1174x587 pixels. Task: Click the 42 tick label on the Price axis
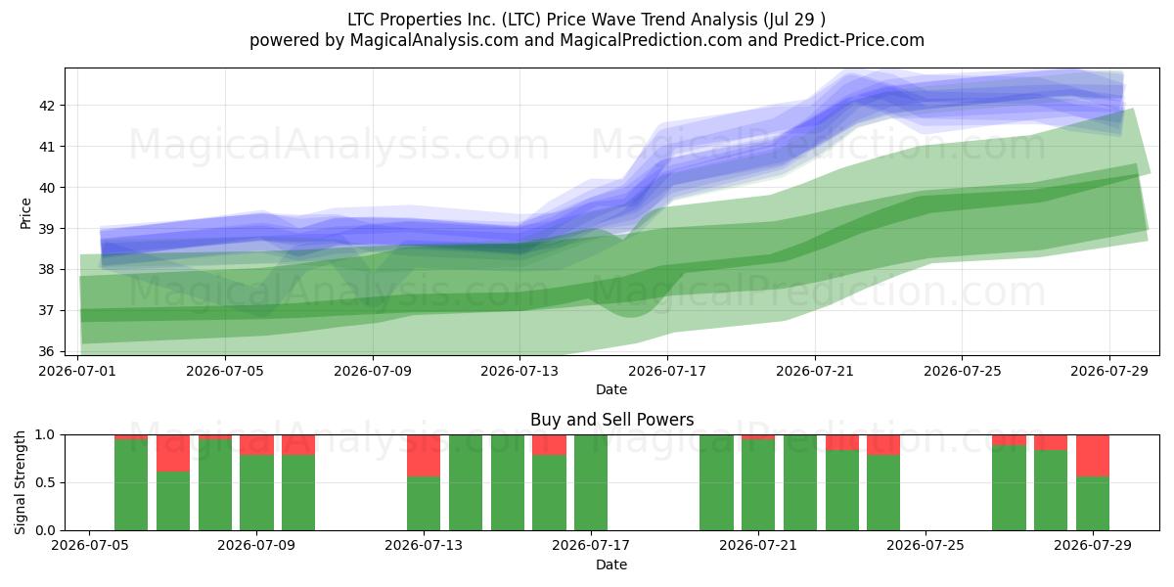(x=46, y=106)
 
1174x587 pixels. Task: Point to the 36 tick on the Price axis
(x=46, y=351)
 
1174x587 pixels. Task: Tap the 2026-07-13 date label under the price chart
(x=519, y=371)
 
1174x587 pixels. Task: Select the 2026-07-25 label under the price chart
(x=963, y=371)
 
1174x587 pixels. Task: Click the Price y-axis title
(x=25, y=213)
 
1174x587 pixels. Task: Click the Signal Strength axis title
(x=20, y=482)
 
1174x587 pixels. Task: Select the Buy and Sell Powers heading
(x=611, y=420)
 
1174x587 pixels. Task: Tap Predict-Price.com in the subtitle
(x=854, y=40)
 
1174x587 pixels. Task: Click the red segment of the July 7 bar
(x=173, y=453)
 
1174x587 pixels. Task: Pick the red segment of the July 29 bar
(x=1093, y=456)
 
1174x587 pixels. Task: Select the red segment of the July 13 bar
(x=424, y=456)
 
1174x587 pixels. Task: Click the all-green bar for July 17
(x=591, y=482)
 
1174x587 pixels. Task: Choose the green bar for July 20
(x=716, y=482)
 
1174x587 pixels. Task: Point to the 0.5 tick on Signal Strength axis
(x=45, y=482)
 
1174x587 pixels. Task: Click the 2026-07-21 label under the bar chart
(x=758, y=545)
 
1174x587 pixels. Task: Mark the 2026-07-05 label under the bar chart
(x=89, y=545)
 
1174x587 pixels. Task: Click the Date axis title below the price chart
(x=611, y=389)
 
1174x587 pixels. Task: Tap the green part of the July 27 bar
(x=1009, y=488)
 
